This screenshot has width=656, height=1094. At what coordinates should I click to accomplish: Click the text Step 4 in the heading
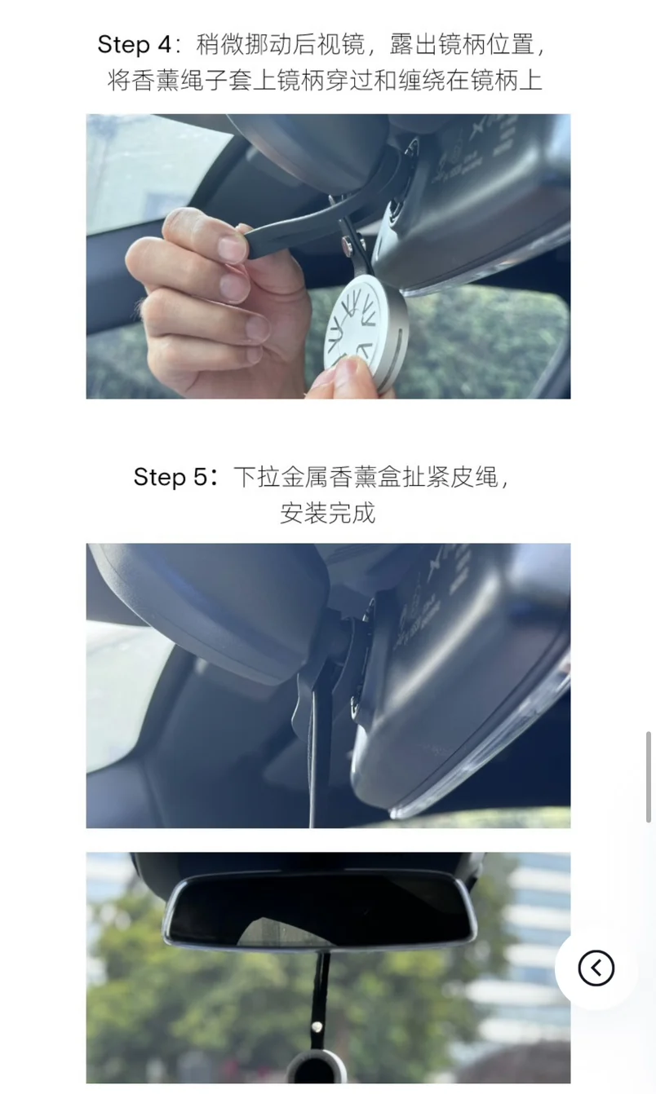(x=135, y=45)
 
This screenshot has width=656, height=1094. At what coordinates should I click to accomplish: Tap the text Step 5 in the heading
(x=171, y=477)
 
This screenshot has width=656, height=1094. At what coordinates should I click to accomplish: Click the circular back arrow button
(x=596, y=968)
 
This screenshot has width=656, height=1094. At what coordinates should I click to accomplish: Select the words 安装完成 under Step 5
(x=327, y=513)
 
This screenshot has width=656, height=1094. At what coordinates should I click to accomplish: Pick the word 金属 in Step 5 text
(x=305, y=477)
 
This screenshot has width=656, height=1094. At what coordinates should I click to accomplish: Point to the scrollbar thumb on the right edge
(x=648, y=777)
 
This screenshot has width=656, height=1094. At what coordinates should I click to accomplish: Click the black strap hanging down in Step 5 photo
(x=320, y=748)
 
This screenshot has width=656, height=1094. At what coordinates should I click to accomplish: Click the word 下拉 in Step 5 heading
(x=257, y=477)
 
